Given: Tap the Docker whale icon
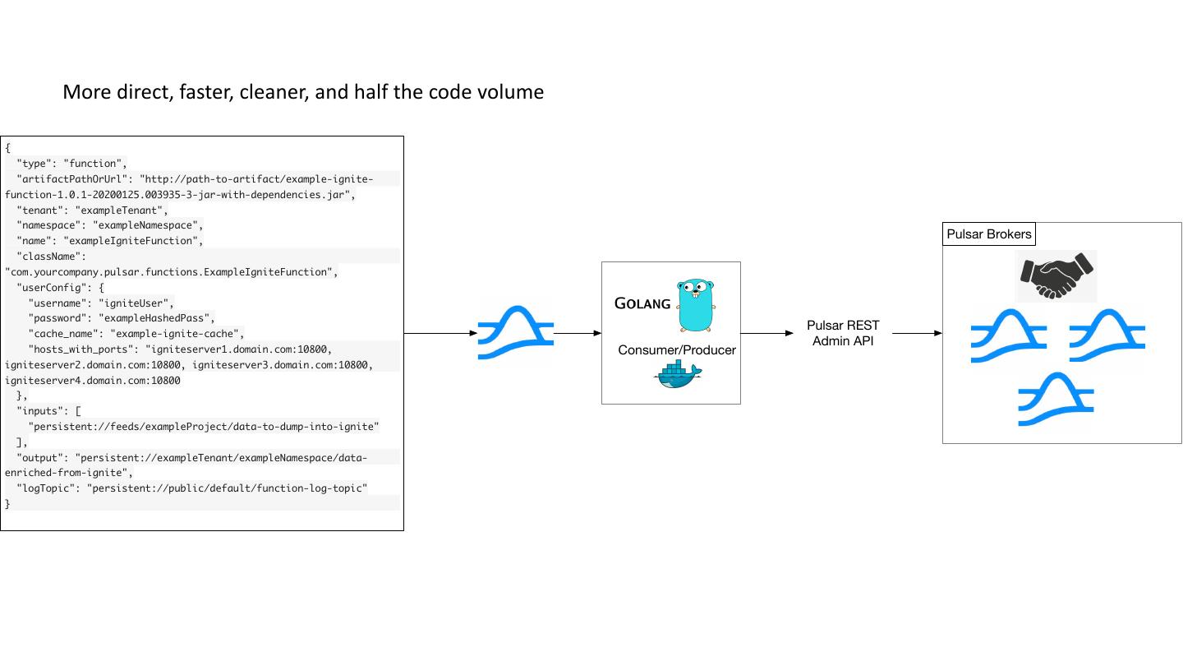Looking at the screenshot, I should tap(677, 375).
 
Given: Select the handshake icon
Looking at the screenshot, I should tap(1056, 276).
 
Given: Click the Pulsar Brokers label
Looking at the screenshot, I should tap(988, 234).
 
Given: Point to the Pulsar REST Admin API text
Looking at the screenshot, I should tap(843, 333).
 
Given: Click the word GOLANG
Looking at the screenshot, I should tap(642, 304).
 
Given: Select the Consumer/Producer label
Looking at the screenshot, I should tap(677, 350).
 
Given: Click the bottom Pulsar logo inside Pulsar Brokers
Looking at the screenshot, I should tap(1056, 400).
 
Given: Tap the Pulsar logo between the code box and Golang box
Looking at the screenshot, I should tap(516, 333).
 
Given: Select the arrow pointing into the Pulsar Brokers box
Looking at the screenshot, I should tap(917, 333).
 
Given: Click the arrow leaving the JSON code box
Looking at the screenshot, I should tap(440, 333).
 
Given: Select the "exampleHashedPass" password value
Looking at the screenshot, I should tap(156, 318).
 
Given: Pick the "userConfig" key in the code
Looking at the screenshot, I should tap(48, 287).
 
